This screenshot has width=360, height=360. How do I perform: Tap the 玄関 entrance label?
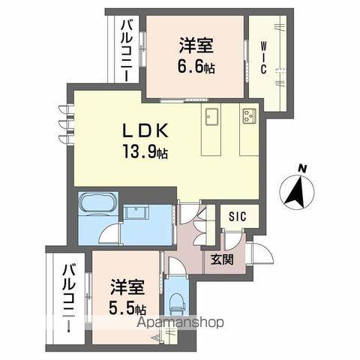(220, 260)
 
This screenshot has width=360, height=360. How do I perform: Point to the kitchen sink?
(210, 118)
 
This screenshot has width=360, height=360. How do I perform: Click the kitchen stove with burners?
(248, 116)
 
